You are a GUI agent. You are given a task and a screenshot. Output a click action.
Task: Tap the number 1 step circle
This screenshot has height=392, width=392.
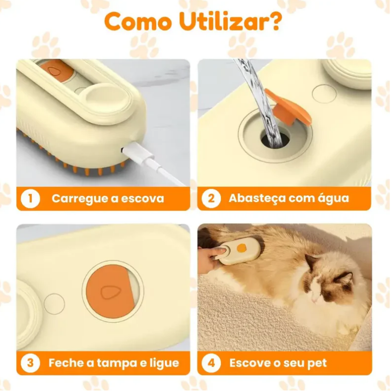pos(30,198)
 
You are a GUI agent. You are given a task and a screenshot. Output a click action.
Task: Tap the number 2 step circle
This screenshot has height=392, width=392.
pos(211,198)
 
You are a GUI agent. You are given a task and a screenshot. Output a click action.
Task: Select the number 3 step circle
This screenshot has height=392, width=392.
pos(30,363)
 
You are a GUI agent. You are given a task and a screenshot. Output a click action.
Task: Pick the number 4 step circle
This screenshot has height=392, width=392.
pos(211,363)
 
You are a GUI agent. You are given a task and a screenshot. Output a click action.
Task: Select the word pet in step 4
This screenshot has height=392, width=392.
pos(316,363)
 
